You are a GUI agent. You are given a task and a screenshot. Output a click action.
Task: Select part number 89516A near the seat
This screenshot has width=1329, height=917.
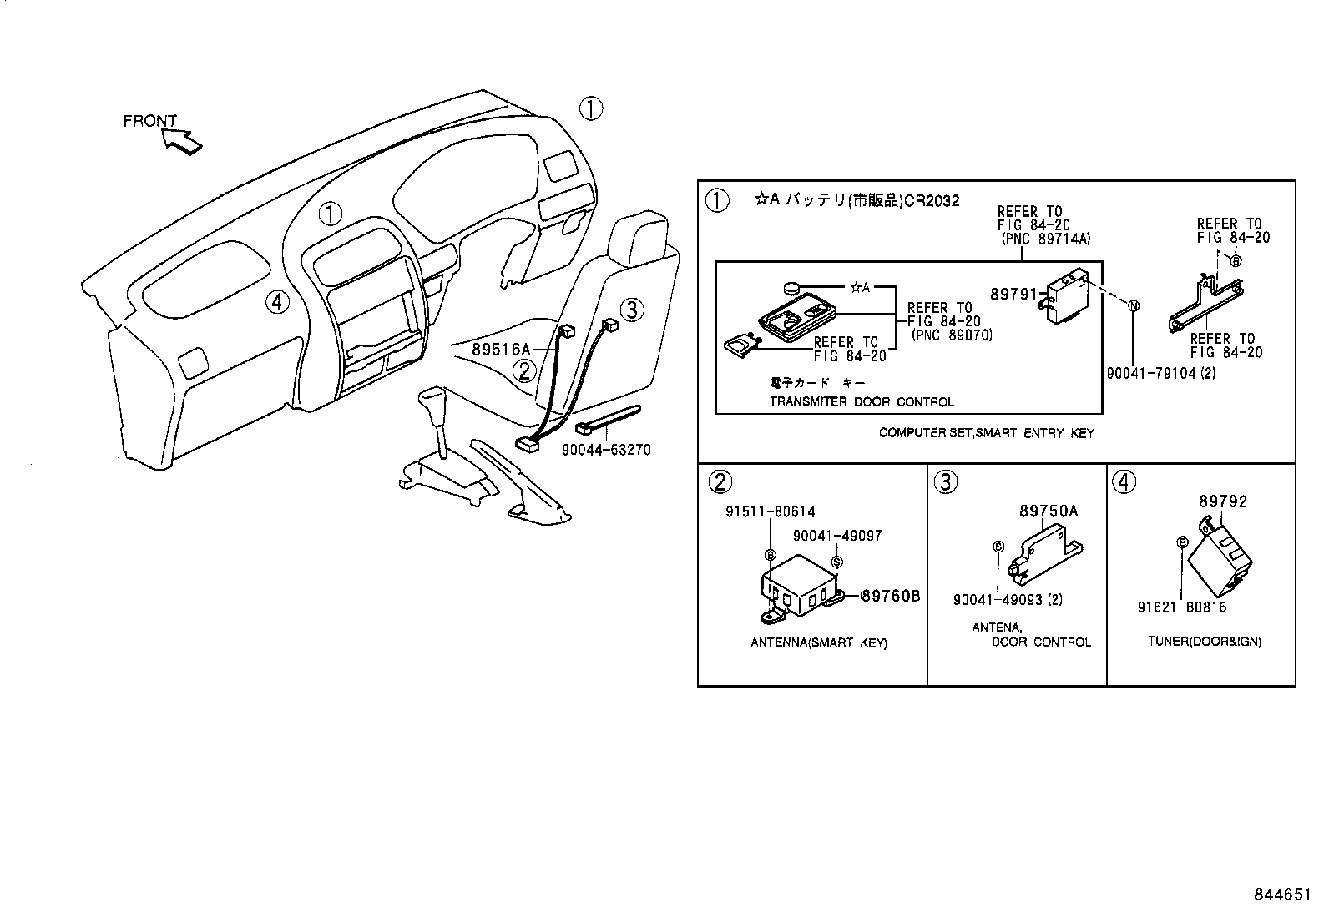pyautogui.click(x=501, y=349)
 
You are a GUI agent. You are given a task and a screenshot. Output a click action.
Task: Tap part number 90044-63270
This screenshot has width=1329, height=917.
pyautogui.click(x=606, y=450)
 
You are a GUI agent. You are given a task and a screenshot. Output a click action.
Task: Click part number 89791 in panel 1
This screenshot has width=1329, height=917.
pyautogui.click(x=1013, y=295)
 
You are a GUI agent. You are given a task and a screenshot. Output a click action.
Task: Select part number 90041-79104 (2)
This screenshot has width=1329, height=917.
pyautogui.click(x=1160, y=373)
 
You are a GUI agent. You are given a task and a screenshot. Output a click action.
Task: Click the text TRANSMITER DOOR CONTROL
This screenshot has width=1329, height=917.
pyautogui.click(x=861, y=401)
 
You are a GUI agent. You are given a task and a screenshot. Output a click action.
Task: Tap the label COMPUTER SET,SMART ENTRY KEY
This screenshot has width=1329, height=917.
pyautogui.click(x=986, y=433)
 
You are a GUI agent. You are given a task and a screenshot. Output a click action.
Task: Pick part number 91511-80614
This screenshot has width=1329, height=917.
pyautogui.click(x=770, y=511)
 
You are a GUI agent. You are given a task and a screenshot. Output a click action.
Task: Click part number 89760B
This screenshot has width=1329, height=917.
pyautogui.click(x=890, y=596)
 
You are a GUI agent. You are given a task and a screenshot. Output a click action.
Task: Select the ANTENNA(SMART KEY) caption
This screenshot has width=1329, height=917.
pyautogui.click(x=818, y=642)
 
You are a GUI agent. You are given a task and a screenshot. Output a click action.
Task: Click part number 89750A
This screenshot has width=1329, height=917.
pyautogui.click(x=1048, y=511)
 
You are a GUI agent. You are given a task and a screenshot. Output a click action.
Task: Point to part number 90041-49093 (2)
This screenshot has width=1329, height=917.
pyautogui.click(x=1008, y=599)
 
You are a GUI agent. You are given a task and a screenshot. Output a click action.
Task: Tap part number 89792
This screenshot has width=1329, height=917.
pyautogui.click(x=1223, y=501)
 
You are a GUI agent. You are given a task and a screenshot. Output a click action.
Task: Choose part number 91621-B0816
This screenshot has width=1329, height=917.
pyautogui.click(x=1181, y=607)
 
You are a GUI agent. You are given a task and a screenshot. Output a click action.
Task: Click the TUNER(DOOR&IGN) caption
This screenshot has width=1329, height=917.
pyautogui.click(x=1204, y=642)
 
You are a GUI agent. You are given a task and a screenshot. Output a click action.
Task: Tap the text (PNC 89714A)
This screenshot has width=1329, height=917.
pyautogui.click(x=1046, y=239)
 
